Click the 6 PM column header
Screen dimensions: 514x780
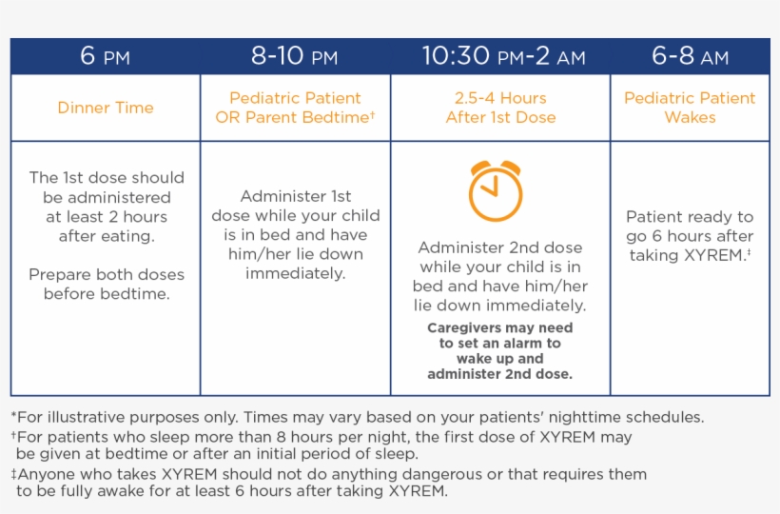coord(105,56)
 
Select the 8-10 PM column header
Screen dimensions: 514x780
coord(295,56)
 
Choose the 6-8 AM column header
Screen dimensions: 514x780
coord(690,56)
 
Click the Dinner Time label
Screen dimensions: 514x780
coord(105,108)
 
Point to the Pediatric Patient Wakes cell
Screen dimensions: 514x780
coord(690,108)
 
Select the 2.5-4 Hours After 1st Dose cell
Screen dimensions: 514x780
coord(500,108)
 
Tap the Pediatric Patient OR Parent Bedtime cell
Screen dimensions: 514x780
coord(295,108)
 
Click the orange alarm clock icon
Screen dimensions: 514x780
coord(496,191)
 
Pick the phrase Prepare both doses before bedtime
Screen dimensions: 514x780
coord(106,284)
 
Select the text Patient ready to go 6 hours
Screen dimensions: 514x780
coord(690,227)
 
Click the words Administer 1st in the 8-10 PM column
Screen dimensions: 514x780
coord(295,196)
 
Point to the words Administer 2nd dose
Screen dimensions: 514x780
coord(500,247)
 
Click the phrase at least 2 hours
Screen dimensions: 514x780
coord(106,217)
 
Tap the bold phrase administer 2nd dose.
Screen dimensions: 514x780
coord(500,374)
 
